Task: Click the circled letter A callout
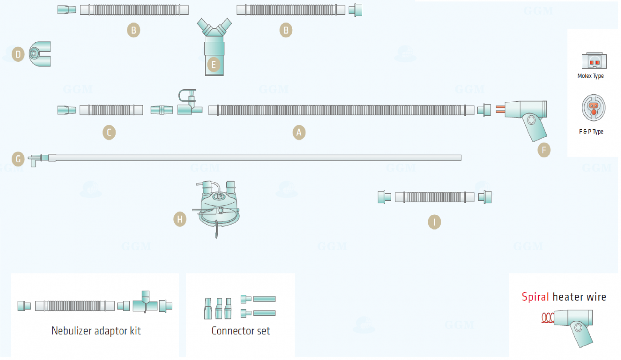[299, 132]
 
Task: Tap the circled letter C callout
[109, 132]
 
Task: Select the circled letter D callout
[18, 54]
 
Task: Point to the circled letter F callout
[544, 150]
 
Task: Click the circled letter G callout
[18, 159]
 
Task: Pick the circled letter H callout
[180, 219]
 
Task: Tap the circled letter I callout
[434, 222]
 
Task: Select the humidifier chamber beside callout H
[218, 206]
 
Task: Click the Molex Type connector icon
[594, 61]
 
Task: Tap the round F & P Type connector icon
[593, 108]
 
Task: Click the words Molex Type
[590, 76]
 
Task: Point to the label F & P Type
[591, 132]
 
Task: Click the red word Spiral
[535, 297]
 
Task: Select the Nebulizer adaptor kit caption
[96, 331]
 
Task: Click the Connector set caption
[241, 331]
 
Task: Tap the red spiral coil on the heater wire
[548, 318]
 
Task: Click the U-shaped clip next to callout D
[40, 54]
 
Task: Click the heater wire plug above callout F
[526, 117]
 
